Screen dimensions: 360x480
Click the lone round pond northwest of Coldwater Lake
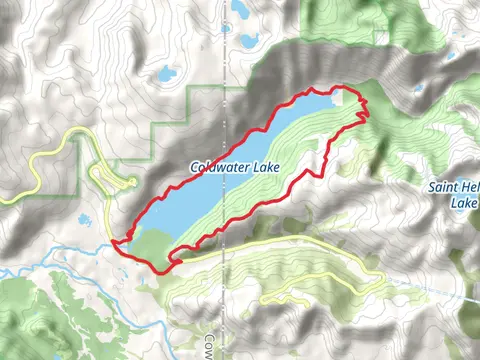pyautogui.click(x=166, y=74)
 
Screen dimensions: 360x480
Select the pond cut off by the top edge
pyautogui.click(x=241, y=7)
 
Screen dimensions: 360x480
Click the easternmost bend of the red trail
pyautogui.click(x=367, y=111)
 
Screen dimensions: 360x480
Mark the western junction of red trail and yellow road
pyautogui.click(x=117, y=241)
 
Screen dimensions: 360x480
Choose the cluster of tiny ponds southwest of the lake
pyautogui.click(x=84, y=219)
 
